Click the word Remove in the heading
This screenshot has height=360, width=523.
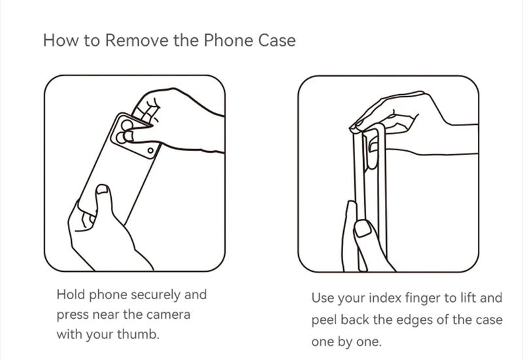137,41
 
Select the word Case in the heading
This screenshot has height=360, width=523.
277,41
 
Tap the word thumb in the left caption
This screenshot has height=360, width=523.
138,334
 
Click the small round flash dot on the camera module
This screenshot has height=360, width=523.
150,151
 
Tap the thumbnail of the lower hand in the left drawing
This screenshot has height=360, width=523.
103,189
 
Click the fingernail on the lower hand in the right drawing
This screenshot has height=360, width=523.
363,228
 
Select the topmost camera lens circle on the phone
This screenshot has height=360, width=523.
127,125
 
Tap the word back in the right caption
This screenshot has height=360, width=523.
355,319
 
